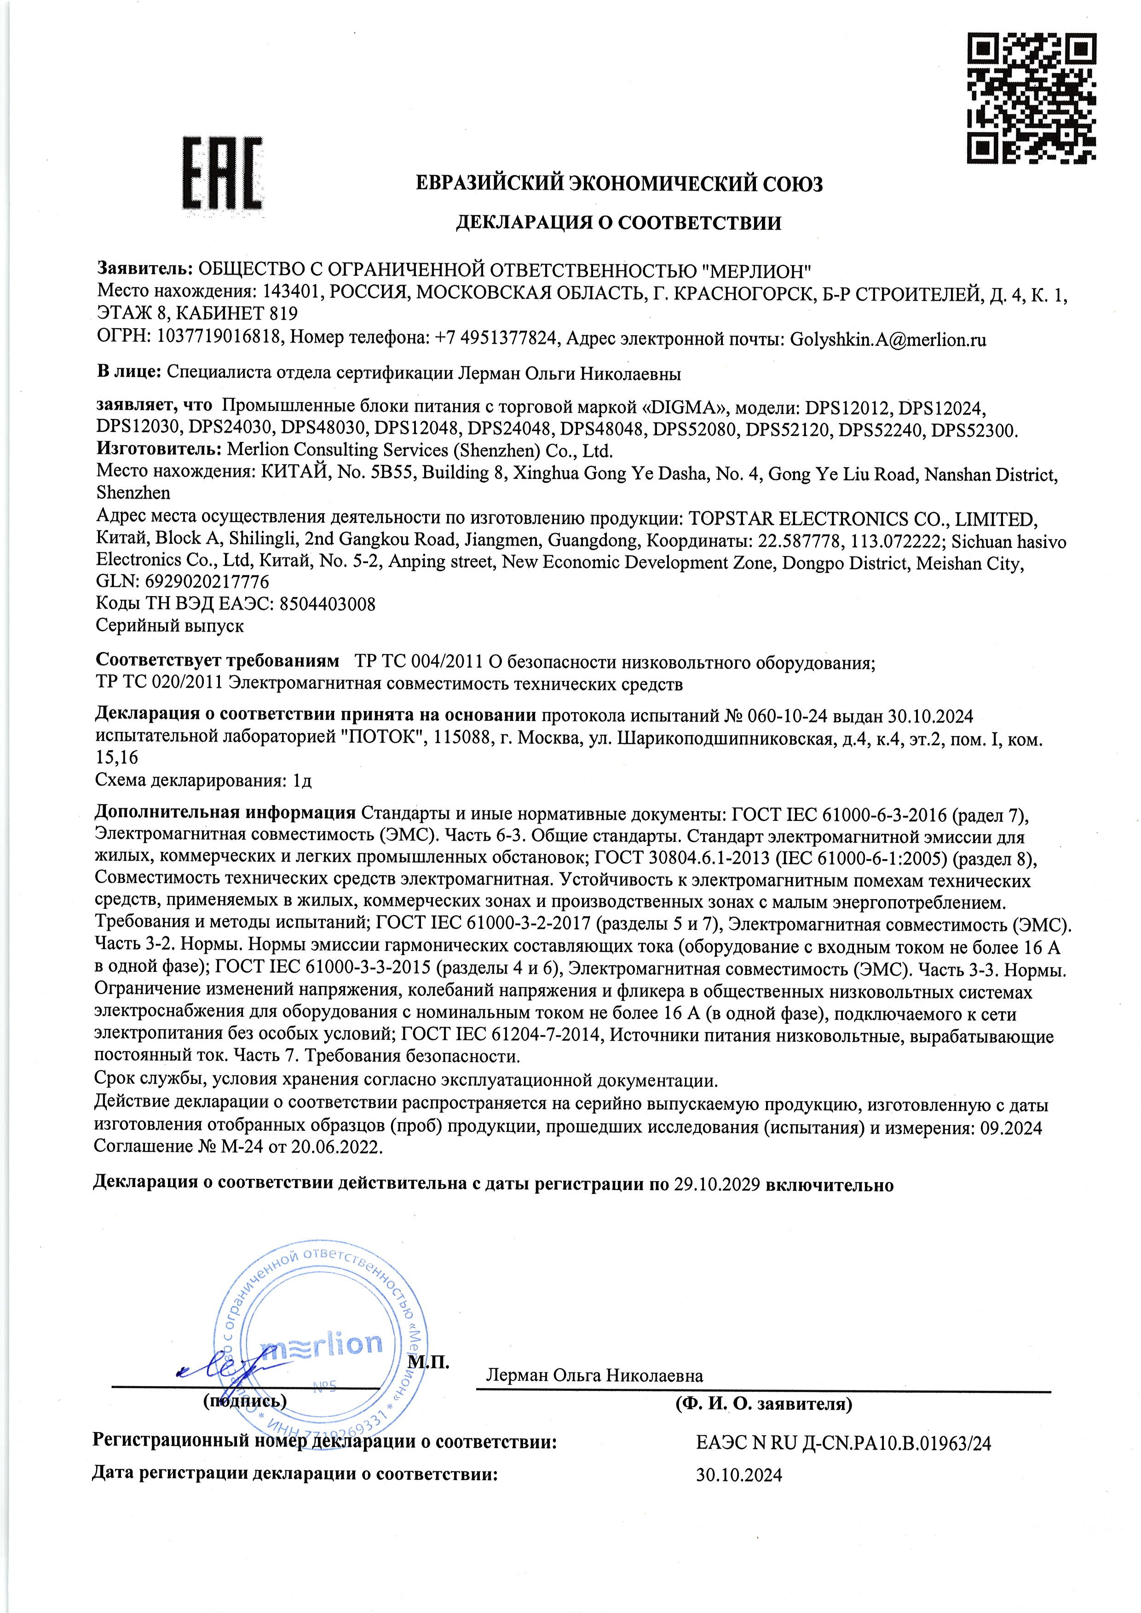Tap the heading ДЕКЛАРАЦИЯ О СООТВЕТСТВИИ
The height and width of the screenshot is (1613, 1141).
coord(618,224)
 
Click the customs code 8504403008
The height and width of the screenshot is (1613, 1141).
coord(328,604)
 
